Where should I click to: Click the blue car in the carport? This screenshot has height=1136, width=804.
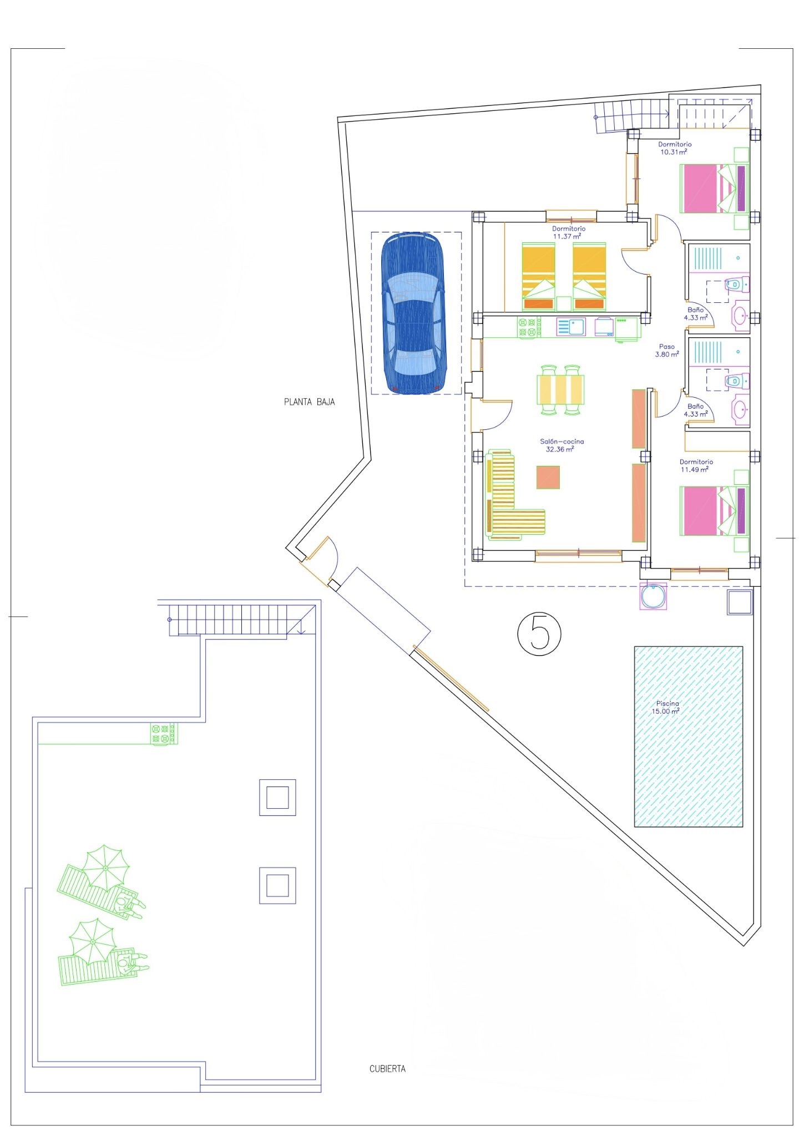tap(413, 313)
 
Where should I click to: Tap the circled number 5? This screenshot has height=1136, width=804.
tap(539, 633)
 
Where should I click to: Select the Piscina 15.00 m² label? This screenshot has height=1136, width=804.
tap(666, 707)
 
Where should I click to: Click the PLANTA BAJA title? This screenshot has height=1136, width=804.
tap(309, 402)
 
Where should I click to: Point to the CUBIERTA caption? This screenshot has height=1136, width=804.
tap(387, 1068)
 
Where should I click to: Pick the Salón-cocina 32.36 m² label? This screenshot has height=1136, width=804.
tap(562, 445)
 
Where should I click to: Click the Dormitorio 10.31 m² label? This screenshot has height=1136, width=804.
tap(675, 148)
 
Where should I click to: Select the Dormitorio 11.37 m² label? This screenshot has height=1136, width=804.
tap(568, 232)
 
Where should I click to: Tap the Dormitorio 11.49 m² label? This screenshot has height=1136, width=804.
tap(696, 466)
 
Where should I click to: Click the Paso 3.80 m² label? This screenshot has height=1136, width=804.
tap(667, 351)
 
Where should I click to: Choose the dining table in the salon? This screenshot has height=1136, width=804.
tap(560, 390)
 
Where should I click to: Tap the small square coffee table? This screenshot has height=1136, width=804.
tap(548, 477)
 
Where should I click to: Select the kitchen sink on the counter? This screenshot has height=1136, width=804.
tap(570, 327)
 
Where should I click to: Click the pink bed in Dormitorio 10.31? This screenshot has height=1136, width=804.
tap(714, 188)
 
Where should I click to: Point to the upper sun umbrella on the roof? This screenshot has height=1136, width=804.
tap(105, 868)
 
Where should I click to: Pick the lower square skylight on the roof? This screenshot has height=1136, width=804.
tap(277, 885)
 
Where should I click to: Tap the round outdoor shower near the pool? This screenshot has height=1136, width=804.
tap(654, 596)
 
